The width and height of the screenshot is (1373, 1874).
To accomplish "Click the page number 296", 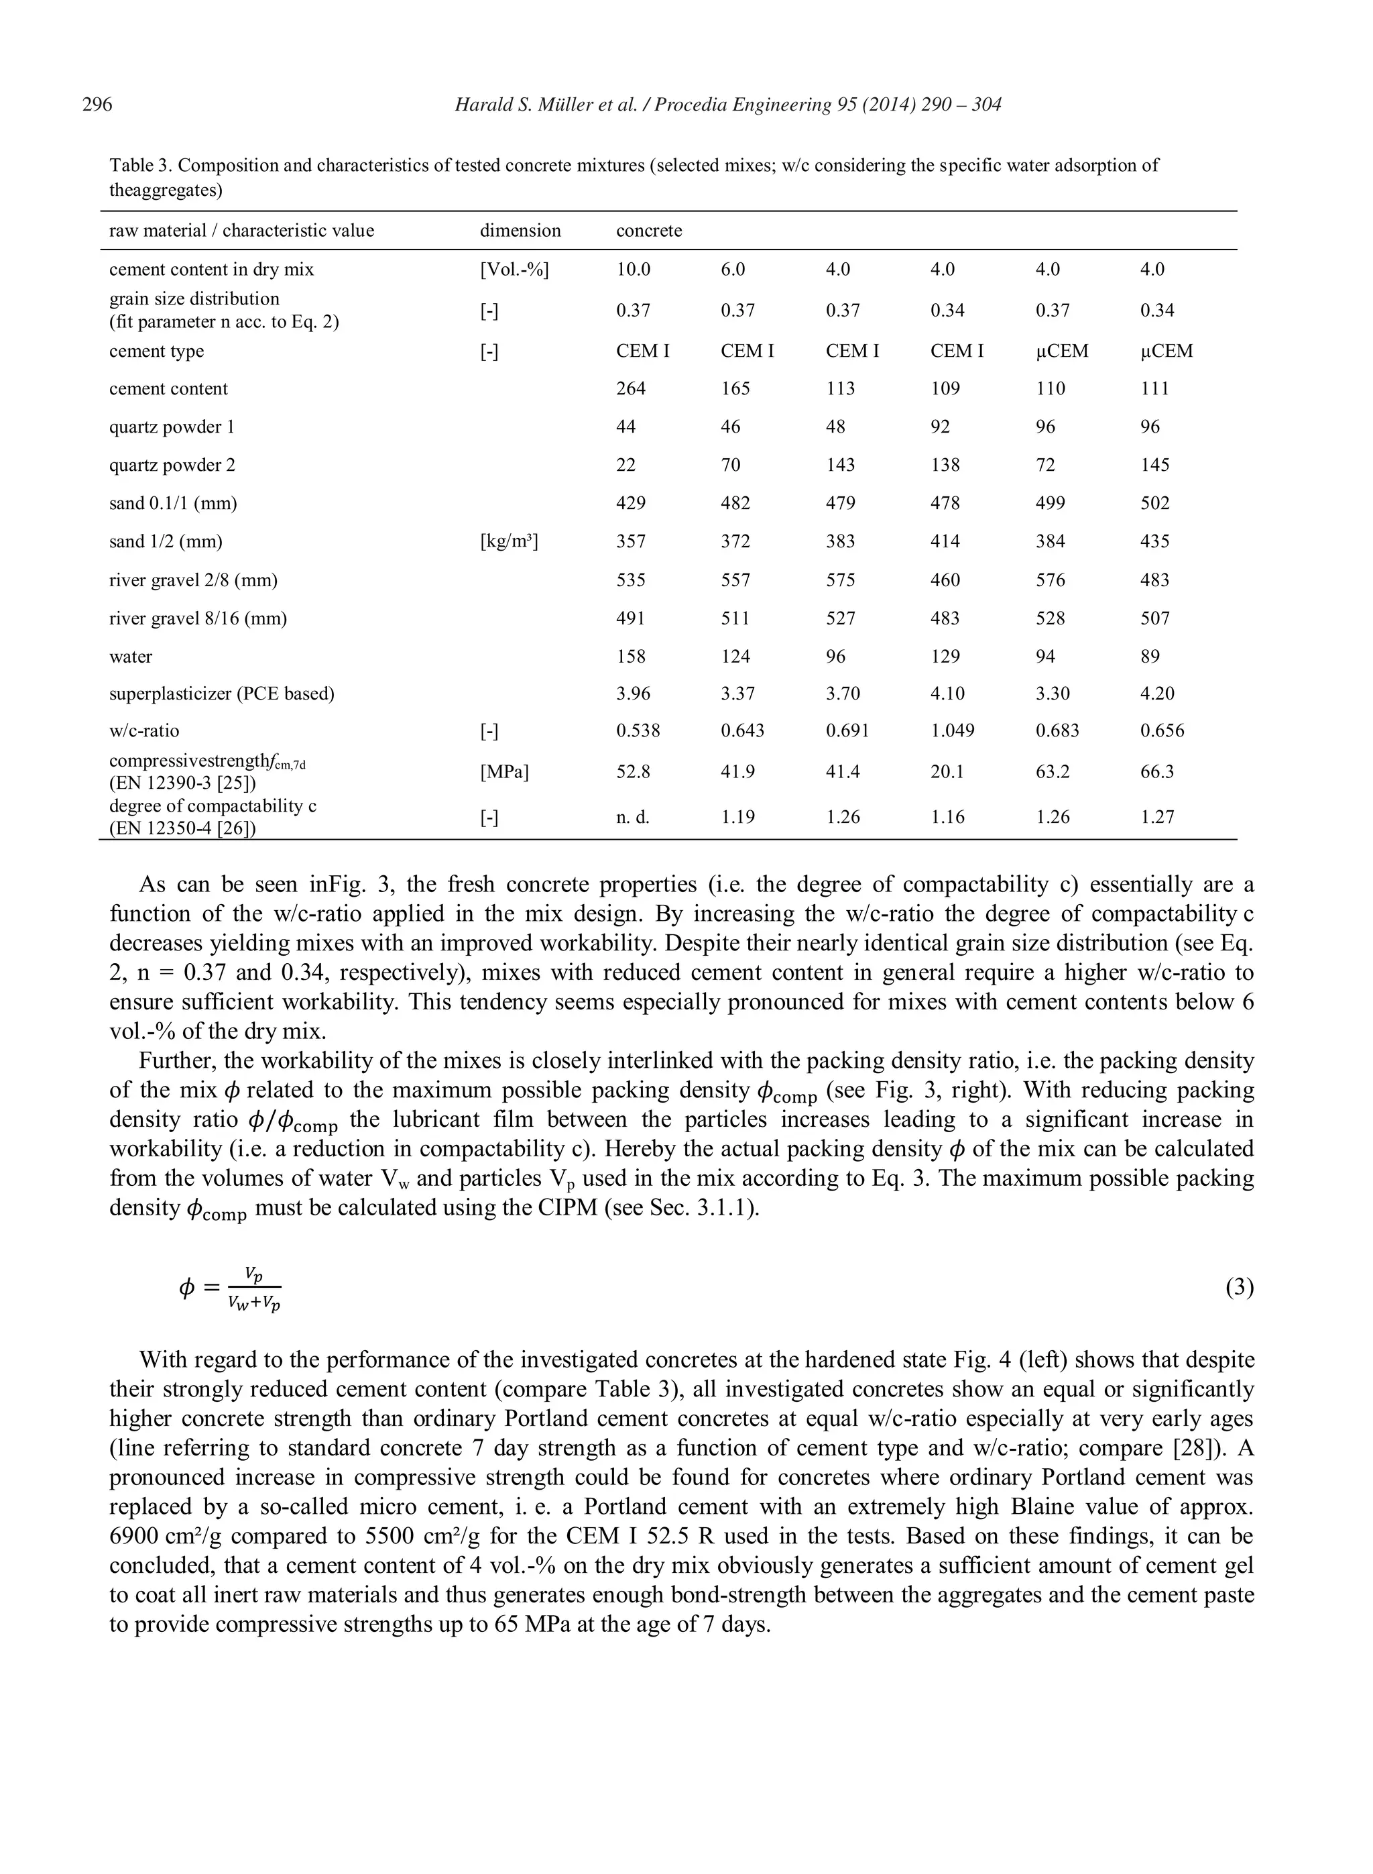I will pos(97,105).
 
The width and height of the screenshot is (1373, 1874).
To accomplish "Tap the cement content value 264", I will pos(631,389).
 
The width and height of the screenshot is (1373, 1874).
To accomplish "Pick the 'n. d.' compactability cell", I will pos(632,818).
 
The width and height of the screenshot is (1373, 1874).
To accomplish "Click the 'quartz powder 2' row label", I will pos(172,465).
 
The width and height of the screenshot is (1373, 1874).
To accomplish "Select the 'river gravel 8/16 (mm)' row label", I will pos(198,618).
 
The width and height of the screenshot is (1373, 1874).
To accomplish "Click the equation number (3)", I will pos(1239,1288).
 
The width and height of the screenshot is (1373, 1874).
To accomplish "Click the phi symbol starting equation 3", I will pos(186,1288).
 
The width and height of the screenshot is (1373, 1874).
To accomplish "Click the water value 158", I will pos(631,657).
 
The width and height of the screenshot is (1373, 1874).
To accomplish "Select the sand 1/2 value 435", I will pos(1154,542).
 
